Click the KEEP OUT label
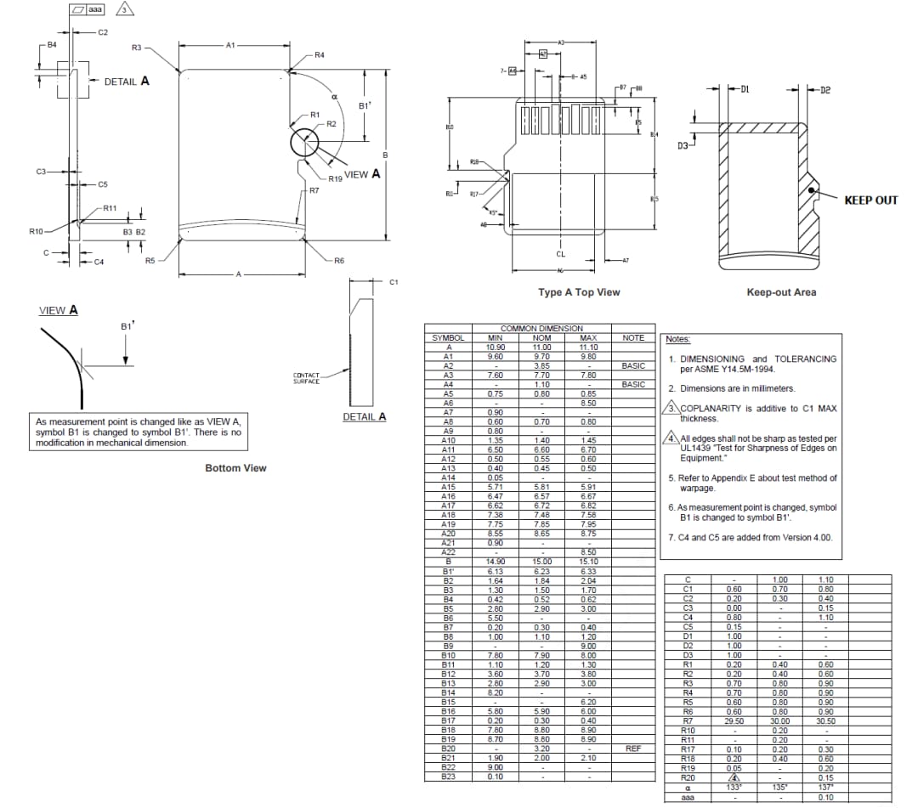(870, 201)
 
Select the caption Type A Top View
(579, 292)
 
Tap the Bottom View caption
(235, 468)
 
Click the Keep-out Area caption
(780, 292)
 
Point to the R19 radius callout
(335, 179)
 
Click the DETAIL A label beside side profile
(127, 82)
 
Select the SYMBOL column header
(448, 338)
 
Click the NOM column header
(541, 338)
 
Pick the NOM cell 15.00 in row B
(541, 562)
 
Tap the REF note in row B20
(633, 749)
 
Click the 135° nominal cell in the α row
(780, 787)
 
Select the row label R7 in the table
(688, 720)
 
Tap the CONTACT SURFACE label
(307, 378)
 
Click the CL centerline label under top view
(560, 254)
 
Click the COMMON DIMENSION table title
(541, 329)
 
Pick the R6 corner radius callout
(338, 261)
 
